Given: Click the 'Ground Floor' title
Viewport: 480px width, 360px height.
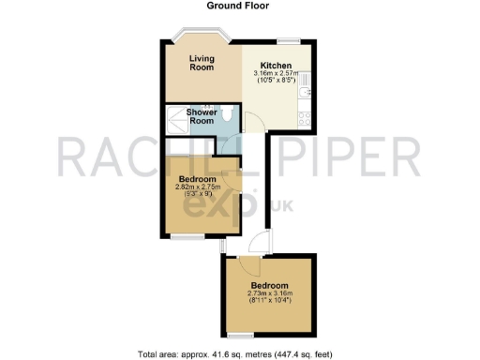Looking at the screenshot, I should click(239, 6).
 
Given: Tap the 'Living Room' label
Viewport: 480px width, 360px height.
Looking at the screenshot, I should click(202, 63).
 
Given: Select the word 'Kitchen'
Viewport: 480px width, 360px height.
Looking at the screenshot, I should click(277, 65).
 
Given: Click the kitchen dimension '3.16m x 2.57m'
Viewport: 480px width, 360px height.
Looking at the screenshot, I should click(277, 73).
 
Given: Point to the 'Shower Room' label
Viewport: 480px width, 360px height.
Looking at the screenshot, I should click(202, 116).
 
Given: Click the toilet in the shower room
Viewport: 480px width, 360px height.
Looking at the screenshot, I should click(229, 114).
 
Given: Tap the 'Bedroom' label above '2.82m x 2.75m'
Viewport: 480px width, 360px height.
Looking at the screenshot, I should click(198, 179).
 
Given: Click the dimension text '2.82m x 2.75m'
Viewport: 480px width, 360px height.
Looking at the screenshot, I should click(198, 187).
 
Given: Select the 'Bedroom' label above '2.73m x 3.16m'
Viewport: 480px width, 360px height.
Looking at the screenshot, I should click(269, 285).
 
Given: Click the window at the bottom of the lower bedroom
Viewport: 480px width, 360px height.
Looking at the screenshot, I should click(241, 333).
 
